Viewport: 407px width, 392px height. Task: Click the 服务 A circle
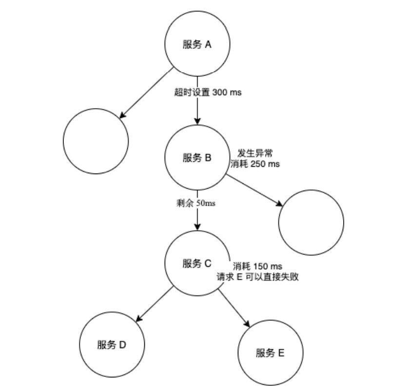[x=197, y=45]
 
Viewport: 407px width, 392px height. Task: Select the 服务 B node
[x=197, y=158]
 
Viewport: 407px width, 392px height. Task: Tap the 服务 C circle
[x=197, y=264]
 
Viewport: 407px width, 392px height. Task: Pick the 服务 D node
[x=113, y=345]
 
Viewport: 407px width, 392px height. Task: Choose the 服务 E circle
[x=270, y=353]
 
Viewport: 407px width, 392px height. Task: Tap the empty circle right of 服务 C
[x=311, y=222]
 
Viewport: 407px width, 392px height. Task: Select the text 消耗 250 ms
[x=255, y=164]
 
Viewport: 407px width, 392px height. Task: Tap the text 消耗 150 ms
[x=258, y=266]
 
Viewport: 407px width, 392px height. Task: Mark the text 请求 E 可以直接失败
[x=258, y=277]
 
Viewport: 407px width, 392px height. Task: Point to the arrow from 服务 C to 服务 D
[x=155, y=304]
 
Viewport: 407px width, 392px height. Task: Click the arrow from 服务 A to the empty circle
[x=146, y=93]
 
